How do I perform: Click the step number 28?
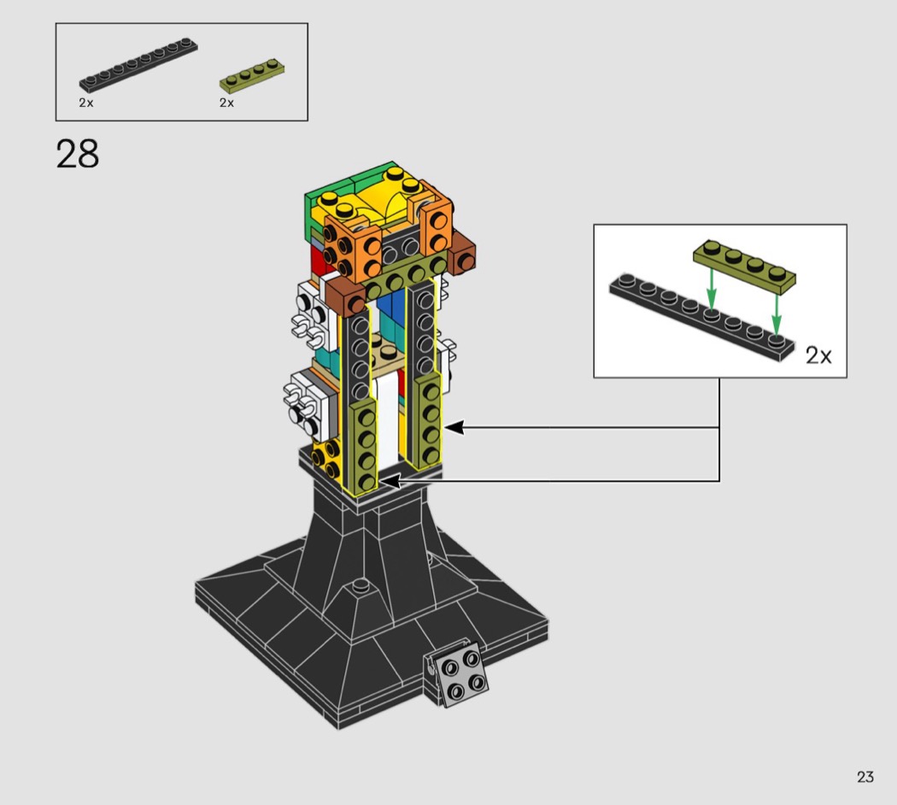tap(77, 154)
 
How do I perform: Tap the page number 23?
tap(865, 777)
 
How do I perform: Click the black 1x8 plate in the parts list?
tap(138, 65)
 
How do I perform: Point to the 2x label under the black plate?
tap(85, 103)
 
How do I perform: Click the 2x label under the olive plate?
tap(226, 103)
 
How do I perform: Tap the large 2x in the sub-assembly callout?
tap(818, 355)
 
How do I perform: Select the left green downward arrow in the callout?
tap(711, 288)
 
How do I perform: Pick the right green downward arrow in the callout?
tap(777, 313)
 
